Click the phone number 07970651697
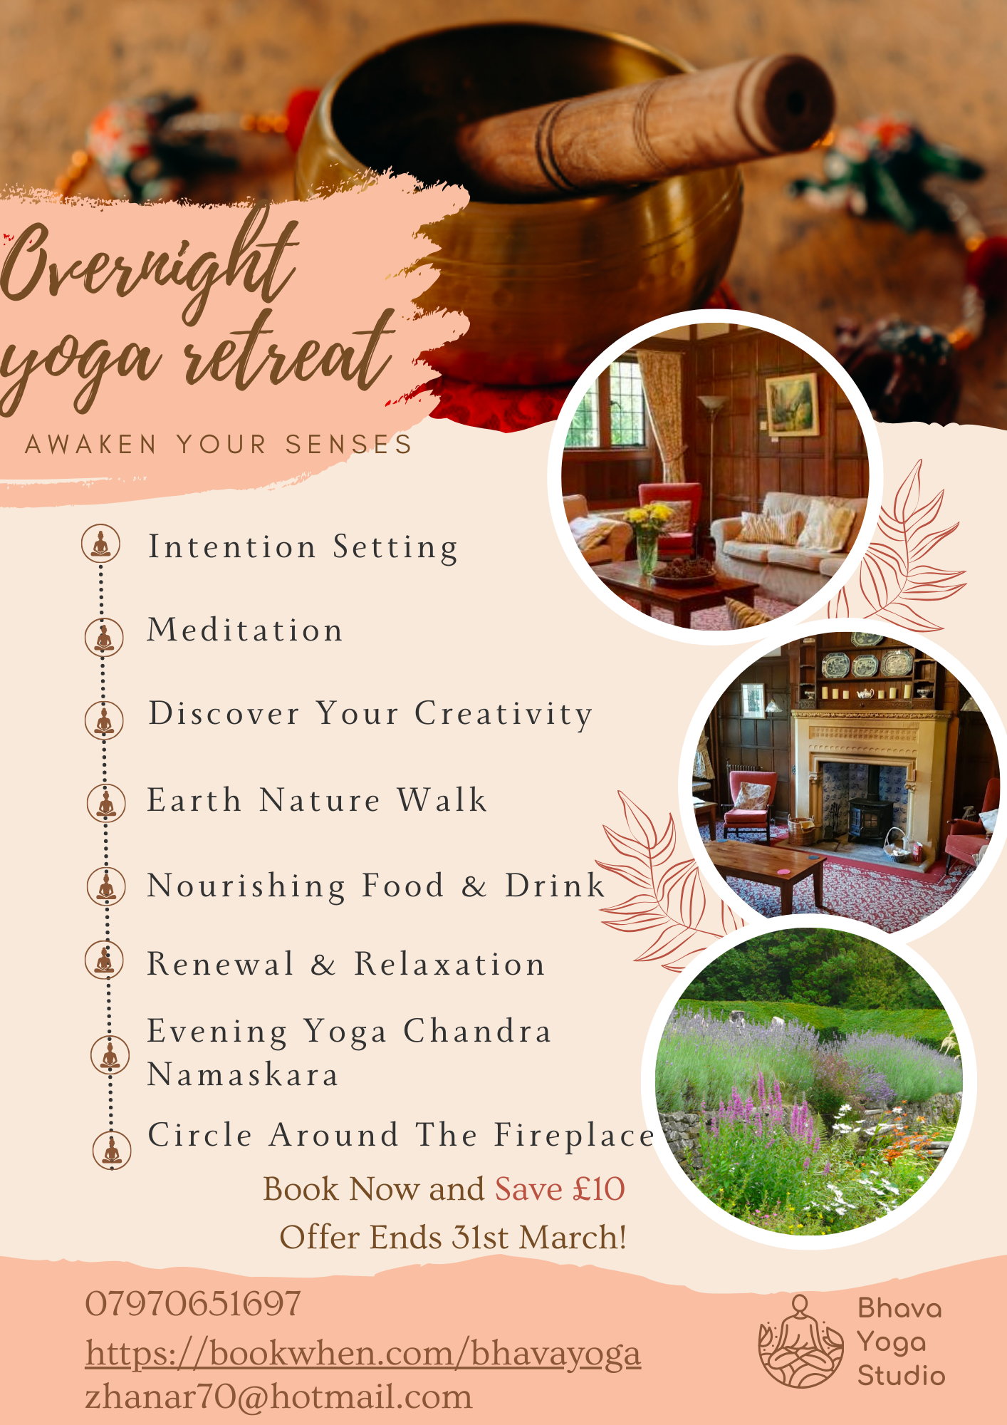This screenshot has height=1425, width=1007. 193,1305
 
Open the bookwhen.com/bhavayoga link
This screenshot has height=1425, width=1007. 363,1354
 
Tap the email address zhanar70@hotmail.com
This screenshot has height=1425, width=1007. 278,1397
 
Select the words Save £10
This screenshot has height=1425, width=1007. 560,1189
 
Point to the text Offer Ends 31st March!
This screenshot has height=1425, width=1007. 453,1238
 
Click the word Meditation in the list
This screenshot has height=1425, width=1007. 245,631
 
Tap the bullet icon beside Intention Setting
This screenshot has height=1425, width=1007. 100,544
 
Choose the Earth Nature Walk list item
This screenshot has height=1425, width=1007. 317,800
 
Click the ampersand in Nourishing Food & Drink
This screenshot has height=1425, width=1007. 474,886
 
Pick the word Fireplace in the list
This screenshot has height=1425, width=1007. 574,1136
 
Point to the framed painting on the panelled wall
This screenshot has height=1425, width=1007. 791,404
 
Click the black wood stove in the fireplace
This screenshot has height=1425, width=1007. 870,820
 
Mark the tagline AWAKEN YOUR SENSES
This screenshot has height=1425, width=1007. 219,445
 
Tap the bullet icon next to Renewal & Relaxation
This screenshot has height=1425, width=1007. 105,960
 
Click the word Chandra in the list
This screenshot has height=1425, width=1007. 477,1032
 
